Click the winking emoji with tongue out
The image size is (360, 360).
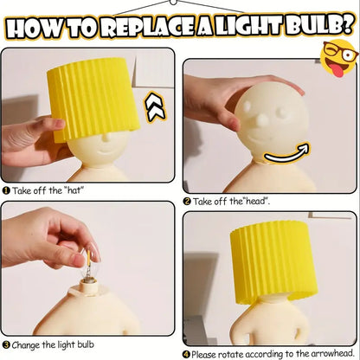(x=339, y=58)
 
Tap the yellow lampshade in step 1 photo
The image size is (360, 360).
(x=96, y=98)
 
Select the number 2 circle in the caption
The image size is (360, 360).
(x=187, y=201)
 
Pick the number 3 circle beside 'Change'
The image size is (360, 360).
(x=6, y=344)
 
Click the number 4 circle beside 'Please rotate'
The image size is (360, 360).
(x=187, y=353)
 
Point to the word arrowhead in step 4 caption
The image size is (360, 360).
(x=326, y=353)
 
